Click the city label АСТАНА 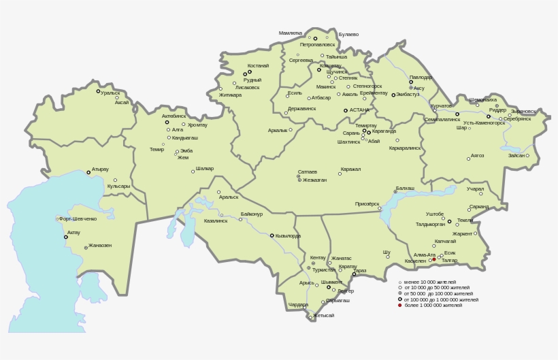point(360,110)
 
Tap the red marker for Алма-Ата point(434,259)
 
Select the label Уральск point(110,93)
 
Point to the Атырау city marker point(88,172)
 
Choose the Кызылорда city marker point(272,235)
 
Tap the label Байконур point(251,214)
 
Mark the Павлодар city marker point(411,82)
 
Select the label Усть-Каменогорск point(485,123)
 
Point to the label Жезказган point(315,180)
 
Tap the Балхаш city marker point(395,192)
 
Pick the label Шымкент point(331,282)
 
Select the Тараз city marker point(354,274)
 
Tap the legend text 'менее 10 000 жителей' point(429,282)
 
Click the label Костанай point(258,66)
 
